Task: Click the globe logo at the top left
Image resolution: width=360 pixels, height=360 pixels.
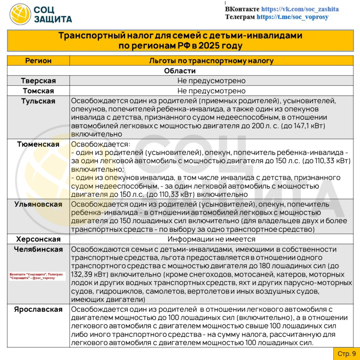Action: click(20, 14)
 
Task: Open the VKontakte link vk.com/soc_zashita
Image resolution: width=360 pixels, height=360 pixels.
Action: click(300, 9)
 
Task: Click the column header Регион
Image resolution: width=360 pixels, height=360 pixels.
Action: click(38, 61)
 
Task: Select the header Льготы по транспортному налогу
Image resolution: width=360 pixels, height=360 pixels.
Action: click(211, 61)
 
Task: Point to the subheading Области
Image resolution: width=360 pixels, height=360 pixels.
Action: click(180, 71)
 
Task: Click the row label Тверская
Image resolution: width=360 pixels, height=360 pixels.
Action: click(38, 81)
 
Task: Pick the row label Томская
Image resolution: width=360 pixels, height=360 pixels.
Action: click(38, 91)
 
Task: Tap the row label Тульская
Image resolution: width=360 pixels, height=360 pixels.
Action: click(38, 101)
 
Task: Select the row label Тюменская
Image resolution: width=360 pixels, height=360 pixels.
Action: click(38, 144)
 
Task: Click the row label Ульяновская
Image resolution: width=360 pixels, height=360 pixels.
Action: click(38, 204)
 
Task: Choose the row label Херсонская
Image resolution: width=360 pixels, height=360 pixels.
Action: click(38, 239)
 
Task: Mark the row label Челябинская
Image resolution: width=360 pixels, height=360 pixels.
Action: click(38, 249)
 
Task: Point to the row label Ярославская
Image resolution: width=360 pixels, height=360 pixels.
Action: click(38, 309)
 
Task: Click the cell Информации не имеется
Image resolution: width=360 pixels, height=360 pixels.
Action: click(211, 239)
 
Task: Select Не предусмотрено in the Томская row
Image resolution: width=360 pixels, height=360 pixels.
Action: click(211, 91)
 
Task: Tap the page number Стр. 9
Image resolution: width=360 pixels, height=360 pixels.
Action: click(346, 353)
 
